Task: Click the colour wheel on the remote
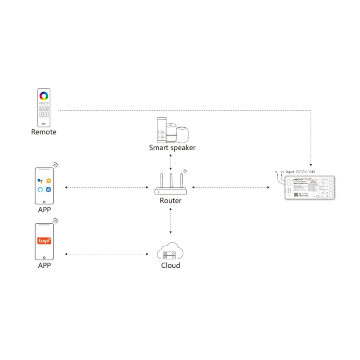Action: [x=44, y=96]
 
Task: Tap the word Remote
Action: [x=44, y=132]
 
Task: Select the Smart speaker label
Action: [x=172, y=147]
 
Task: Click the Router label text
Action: [x=171, y=201]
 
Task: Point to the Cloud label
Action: [x=171, y=265]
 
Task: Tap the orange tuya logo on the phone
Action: [x=44, y=241]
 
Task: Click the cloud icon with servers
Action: [x=171, y=251]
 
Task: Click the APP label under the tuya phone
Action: [x=44, y=265]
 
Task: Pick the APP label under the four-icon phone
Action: [x=44, y=210]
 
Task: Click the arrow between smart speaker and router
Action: [x=171, y=161]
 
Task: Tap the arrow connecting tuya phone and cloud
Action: [x=107, y=254]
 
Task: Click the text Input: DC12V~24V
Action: [x=301, y=172]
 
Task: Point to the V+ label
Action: [x=282, y=172]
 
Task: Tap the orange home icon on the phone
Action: [x=48, y=180]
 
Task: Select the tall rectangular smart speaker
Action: [x=161, y=130]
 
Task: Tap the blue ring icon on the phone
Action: [x=40, y=189]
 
